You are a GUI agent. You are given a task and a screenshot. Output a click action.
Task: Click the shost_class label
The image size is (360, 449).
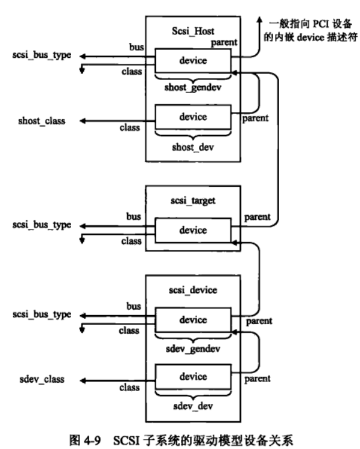[43, 121]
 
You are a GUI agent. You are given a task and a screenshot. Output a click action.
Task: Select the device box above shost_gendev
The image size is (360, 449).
[192, 60]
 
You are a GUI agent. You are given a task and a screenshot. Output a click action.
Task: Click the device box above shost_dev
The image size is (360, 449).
[192, 116]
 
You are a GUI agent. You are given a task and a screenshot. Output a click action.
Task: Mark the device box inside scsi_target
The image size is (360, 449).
[192, 230]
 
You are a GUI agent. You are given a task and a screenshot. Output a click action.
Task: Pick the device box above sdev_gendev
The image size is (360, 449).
[192, 319]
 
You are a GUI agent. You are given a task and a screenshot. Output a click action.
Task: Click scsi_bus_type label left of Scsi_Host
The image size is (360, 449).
[42, 55]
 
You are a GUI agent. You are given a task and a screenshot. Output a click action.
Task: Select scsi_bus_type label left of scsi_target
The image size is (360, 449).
[42, 225]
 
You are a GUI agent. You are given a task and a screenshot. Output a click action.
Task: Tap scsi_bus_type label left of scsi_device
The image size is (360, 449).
[42, 315]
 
